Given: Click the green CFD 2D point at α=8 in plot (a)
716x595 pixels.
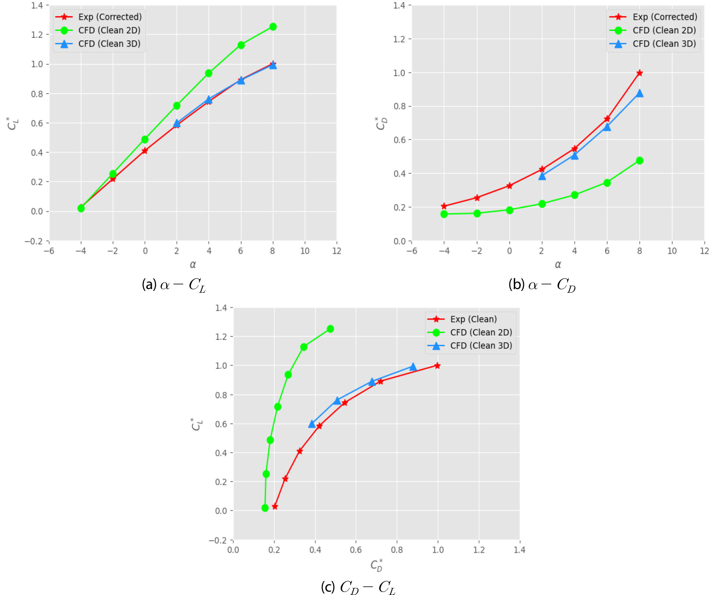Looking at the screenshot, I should point(273,27).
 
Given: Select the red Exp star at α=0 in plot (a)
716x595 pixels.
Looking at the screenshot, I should point(145,151).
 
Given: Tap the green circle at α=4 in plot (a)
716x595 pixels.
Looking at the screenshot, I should point(209,73).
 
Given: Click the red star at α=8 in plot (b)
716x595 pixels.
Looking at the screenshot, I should point(639,73).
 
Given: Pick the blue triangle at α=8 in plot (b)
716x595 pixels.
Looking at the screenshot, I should point(639,93).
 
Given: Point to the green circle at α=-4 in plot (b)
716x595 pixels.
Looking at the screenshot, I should point(444,214).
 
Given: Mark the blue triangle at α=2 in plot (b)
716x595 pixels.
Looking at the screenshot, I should point(542,176).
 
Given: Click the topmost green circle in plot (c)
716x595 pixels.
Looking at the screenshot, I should point(330,329).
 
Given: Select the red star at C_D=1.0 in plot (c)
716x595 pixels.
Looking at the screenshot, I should point(437,365).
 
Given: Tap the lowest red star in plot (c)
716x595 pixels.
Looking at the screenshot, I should point(275,506).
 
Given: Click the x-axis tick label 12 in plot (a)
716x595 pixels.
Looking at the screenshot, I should point(337,251).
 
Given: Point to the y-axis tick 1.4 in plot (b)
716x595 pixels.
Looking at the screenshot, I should point(399,6).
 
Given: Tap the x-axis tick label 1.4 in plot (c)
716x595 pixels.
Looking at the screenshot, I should point(519,550).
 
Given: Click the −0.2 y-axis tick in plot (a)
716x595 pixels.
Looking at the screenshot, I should point(34,241).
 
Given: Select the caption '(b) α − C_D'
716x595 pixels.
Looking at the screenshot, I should point(542,285).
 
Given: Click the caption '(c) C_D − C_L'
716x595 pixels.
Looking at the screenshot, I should point(358,587).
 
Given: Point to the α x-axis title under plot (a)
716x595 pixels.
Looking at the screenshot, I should point(193,264).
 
